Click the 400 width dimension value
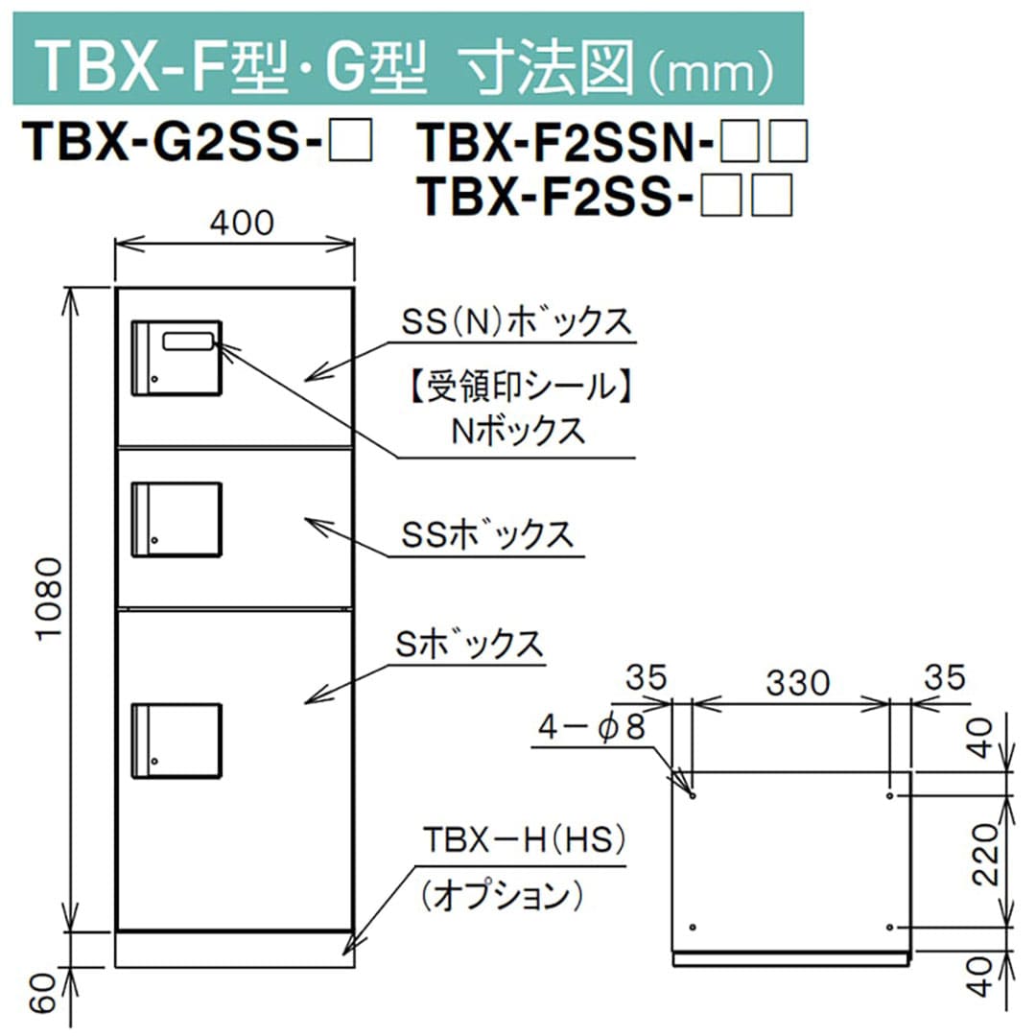point(241,223)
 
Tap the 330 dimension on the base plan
point(796,682)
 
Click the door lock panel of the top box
point(177,357)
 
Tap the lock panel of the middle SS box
point(177,519)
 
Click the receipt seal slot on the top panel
point(189,341)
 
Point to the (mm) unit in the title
point(720,65)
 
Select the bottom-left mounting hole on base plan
point(693,928)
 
